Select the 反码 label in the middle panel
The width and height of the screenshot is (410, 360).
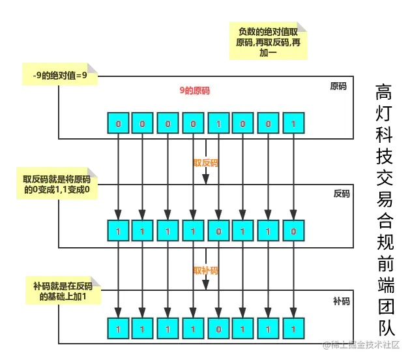[x=341, y=194]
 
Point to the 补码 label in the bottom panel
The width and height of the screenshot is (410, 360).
[x=341, y=301]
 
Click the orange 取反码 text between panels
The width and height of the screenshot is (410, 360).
[x=205, y=162]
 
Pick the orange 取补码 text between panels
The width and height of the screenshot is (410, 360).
[x=205, y=270]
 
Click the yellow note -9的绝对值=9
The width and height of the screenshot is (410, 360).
[x=59, y=75]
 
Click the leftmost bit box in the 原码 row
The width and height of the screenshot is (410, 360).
[x=118, y=123]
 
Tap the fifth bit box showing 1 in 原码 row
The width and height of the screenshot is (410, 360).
[x=218, y=123]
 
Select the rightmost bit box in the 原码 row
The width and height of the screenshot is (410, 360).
[x=293, y=123]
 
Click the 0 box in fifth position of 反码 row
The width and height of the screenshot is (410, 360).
[x=218, y=231]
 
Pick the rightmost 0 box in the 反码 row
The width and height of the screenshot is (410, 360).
[x=293, y=231]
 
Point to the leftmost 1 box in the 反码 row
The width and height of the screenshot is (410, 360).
[x=118, y=231]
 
